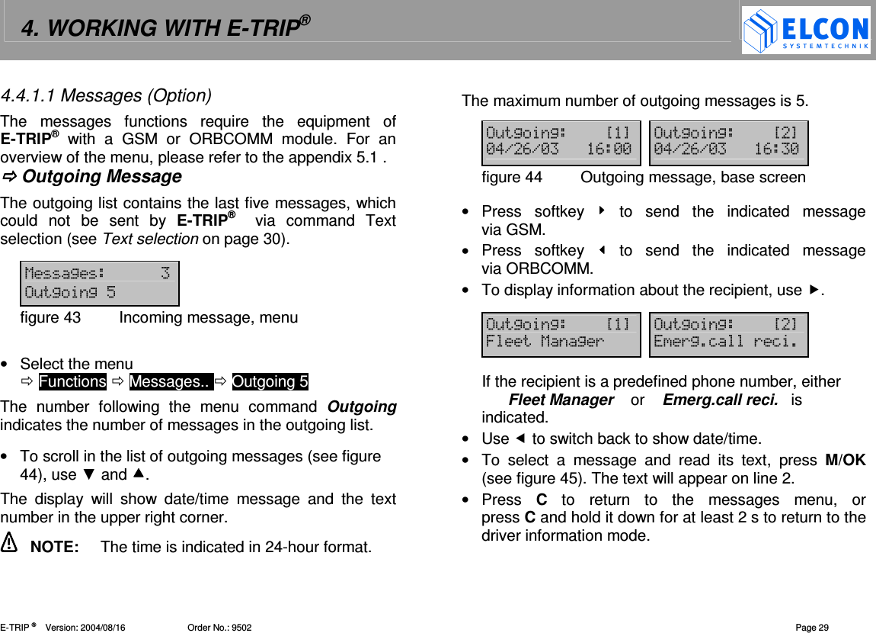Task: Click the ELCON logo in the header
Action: [806, 31]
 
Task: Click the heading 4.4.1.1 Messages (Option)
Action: [106, 96]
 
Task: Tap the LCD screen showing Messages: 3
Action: [99, 283]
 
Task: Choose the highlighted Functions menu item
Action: [72, 381]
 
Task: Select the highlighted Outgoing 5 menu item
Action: [270, 381]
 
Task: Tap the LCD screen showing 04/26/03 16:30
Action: [728, 143]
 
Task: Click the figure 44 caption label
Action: [512, 178]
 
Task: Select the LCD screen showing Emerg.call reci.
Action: [728, 334]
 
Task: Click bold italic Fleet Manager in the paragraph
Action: [561, 400]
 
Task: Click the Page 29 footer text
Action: [812, 628]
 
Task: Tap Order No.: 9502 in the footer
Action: [219, 628]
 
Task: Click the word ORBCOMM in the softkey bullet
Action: [548, 268]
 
